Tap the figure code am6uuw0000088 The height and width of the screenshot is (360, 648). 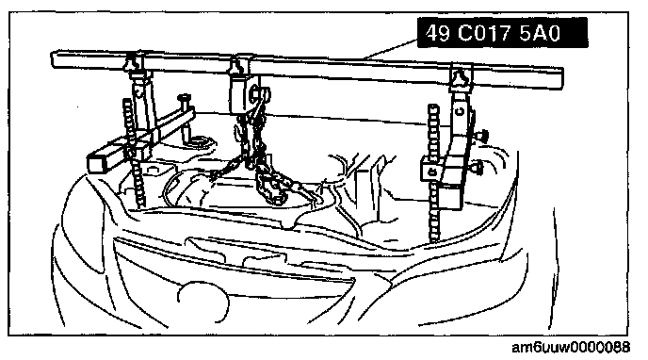tap(571, 347)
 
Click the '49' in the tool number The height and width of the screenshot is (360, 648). tap(438, 33)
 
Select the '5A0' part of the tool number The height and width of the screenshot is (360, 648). tap(540, 33)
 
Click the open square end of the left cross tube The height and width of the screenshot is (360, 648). tap(98, 162)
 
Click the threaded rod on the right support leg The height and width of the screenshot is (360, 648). tap(433, 173)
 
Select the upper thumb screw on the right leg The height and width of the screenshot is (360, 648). tap(482, 135)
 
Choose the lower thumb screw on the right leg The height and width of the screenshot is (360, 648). tap(478, 167)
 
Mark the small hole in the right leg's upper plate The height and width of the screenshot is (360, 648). tap(459, 111)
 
